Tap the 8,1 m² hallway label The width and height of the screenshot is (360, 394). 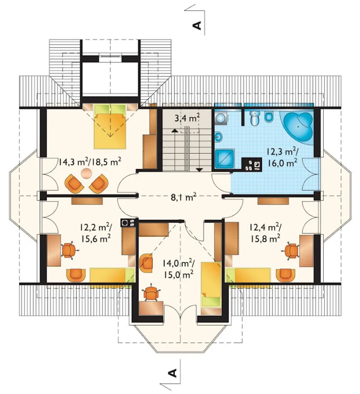tap(183, 197)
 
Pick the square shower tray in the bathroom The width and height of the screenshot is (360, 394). tap(225, 159)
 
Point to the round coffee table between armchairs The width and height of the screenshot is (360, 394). tap(86, 173)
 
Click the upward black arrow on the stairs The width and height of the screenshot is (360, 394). tap(174, 130)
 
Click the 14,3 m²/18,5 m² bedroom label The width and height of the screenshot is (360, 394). tap(89, 162)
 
